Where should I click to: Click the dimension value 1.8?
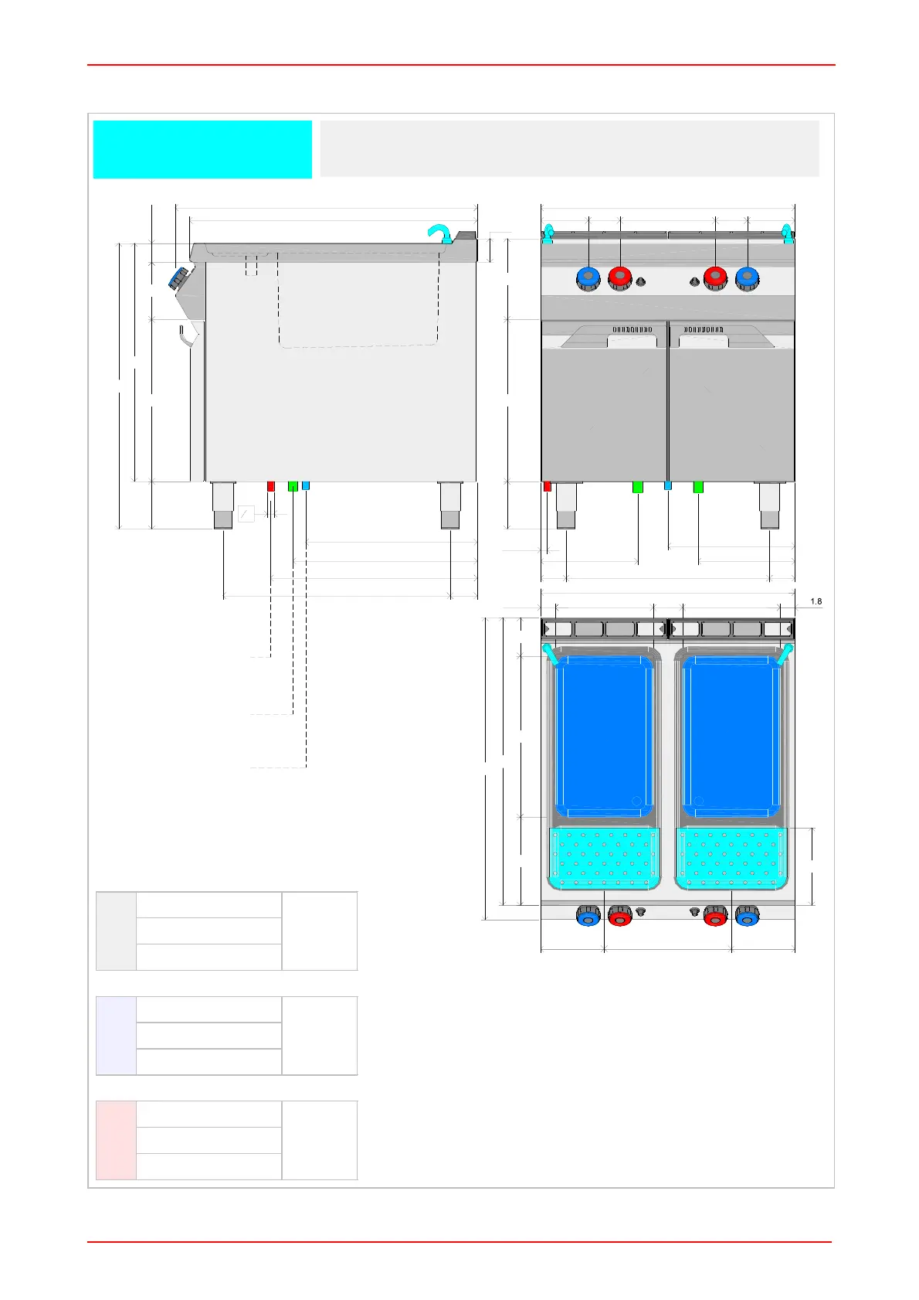(816, 601)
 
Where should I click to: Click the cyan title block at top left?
(202, 149)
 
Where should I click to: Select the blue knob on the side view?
(178, 277)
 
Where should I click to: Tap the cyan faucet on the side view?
(440, 233)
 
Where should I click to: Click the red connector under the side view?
(271, 486)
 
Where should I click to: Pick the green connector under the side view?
(293, 486)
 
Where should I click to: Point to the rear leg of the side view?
(450, 505)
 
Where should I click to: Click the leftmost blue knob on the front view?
(588, 278)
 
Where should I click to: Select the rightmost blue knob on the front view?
(747, 278)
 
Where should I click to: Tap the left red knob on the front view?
(620, 278)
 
